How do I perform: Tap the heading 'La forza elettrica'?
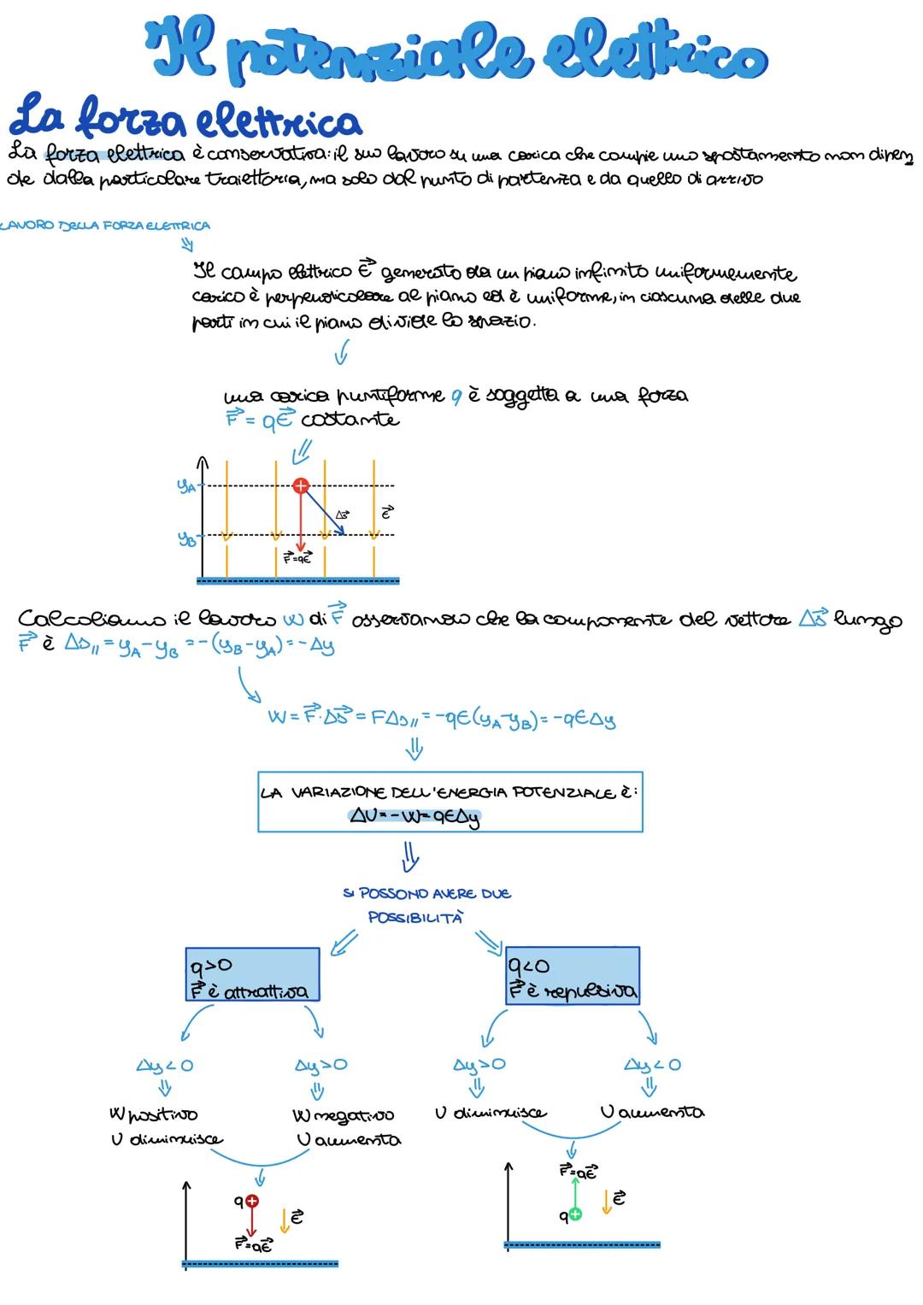pyautogui.click(x=184, y=121)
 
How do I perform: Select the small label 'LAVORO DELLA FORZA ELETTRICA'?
pyautogui.click(x=104, y=226)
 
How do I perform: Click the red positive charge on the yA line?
pyautogui.click(x=300, y=486)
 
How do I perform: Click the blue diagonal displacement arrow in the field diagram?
pyautogui.click(x=323, y=512)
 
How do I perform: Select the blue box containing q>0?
pyautogui.click(x=252, y=974)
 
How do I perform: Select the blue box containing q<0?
pyautogui.click(x=572, y=974)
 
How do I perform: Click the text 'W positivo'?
pyautogui.click(x=153, y=1114)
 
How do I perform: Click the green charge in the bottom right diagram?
pyautogui.click(x=574, y=1214)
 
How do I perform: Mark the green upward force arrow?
pyautogui.click(x=574, y=1192)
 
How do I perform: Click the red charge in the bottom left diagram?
pyautogui.click(x=251, y=1201)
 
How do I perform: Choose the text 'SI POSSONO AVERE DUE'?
pyautogui.click(x=426, y=894)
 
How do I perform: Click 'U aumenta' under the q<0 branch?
pyautogui.click(x=651, y=1112)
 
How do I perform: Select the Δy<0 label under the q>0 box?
pyautogui.click(x=165, y=1066)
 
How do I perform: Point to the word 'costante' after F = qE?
pyautogui.click(x=350, y=420)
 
